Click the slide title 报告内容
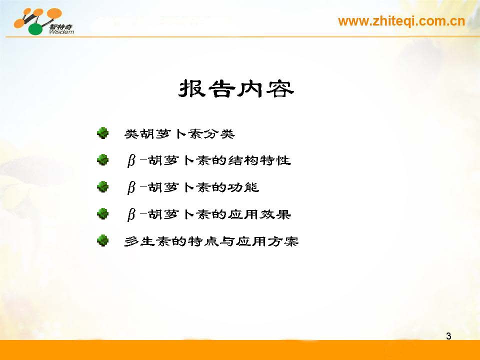[x=235, y=89]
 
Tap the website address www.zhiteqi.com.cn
[x=401, y=21]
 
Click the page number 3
[x=448, y=336]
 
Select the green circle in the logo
[x=36, y=28]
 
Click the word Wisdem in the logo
[x=61, y=32]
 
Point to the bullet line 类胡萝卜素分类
[x=179, y=134]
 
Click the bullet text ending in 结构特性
[x=208, y=160]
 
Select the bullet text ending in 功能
[x=193, y=187]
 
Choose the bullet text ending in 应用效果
[x=208, y=214]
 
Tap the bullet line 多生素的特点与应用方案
[x=211, y=241]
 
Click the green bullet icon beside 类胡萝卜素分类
[x=103, y=133]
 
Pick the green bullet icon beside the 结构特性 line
[x=103, y=160]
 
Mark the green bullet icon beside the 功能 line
[x=103, y=186]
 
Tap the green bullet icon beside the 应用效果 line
[x=103, y=213]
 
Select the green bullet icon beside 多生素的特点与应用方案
[x=103, y=240]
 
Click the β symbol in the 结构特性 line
[x=131, y=161]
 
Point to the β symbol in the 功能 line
[x=131, y=188]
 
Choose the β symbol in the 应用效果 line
[x=131, y=215]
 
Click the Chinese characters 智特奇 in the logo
[x=61, y=27]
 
